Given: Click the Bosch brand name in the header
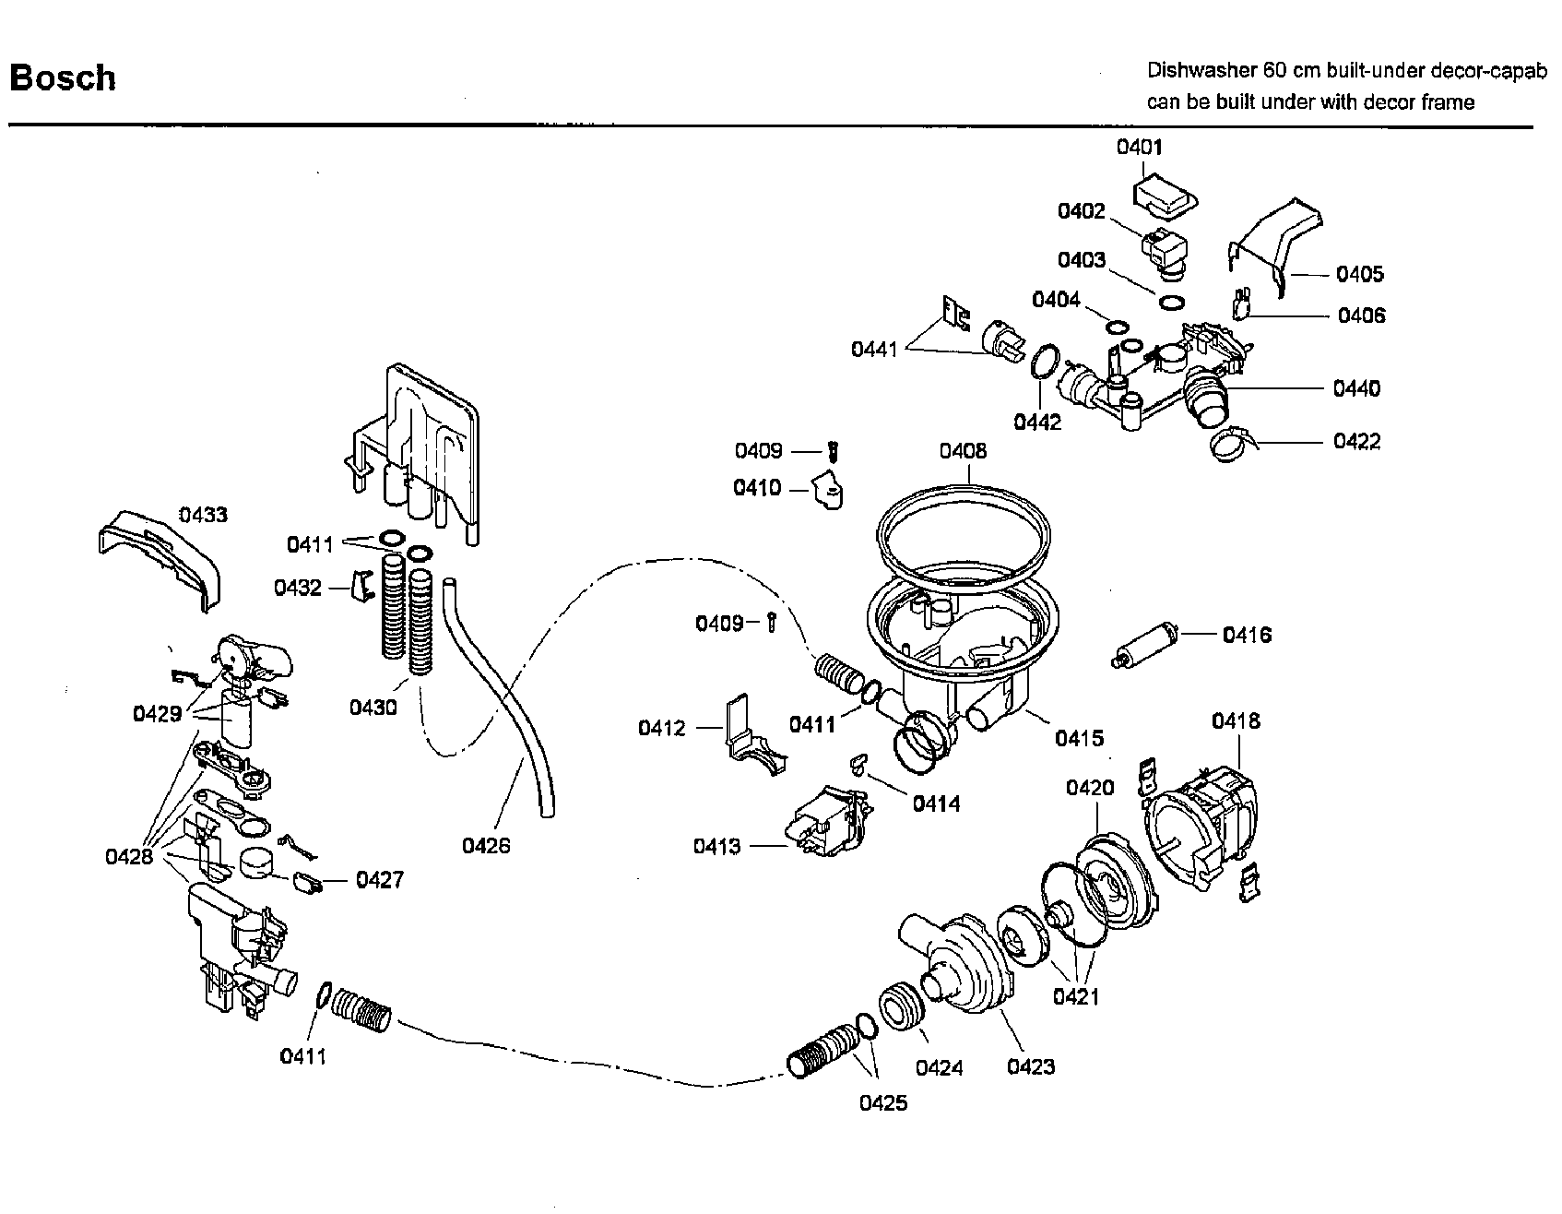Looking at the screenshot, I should [x=63, y=77].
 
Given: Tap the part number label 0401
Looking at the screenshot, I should [x=1140, y=147].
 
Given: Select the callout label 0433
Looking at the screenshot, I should [x=203, y=515].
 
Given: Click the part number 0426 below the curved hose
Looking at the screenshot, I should [x=486, y=844].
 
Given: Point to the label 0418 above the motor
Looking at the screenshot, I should [x=1236, y=720].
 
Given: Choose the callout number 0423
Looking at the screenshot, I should [x=1031, y=1066].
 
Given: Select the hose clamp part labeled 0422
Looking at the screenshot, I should [x=1229, y=446].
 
